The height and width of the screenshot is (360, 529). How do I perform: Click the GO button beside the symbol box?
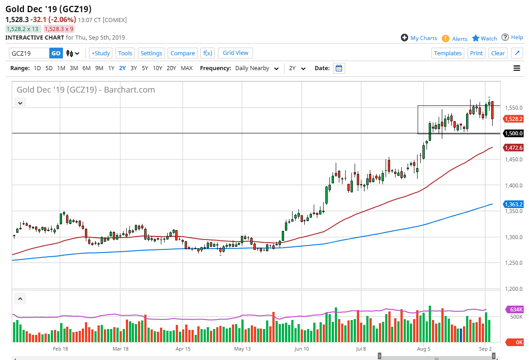click(56, 53)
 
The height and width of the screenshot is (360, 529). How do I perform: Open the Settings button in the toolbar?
click(151, 53)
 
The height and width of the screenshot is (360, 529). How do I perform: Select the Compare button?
click(182, 53)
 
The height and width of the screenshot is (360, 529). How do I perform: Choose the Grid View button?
click(236, 53)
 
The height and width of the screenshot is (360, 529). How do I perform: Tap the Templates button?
click(448, 53)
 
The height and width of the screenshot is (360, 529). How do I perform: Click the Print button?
click(476, 53)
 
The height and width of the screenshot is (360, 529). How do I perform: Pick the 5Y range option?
click(145, 68)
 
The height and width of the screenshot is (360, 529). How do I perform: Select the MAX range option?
click(187, 68)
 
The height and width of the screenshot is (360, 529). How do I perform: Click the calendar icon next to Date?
click(339, 68)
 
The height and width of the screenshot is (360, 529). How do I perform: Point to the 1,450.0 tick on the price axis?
click(512, 160)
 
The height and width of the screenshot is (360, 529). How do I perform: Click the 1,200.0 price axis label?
click(512, 289)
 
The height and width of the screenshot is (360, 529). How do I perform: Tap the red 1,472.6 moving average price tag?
click(513, 147)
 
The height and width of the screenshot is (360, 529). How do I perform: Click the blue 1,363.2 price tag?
click(513, 204)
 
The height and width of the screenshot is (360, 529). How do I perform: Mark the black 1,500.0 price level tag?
click(513, 133)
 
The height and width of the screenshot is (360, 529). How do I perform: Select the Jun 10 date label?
click(302, 348)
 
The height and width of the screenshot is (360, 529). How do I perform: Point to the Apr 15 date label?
click(183, 348)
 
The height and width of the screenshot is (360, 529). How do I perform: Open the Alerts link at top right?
click(459, 39)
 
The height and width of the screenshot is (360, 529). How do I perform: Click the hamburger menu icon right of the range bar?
click(516, 68)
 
